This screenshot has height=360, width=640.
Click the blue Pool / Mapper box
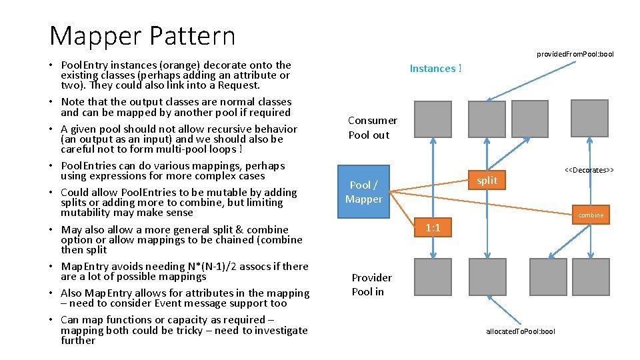click(363, 192)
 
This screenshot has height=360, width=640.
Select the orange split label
click(487, 181)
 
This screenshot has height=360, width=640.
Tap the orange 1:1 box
click(433, 228)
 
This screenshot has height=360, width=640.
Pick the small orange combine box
click(590, 215)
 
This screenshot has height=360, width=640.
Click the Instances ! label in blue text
click(435, 68)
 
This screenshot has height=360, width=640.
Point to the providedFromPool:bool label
click(575, 54)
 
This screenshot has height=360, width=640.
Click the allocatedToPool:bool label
click(520, 331)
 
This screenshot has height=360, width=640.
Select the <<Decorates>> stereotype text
click(589, 170)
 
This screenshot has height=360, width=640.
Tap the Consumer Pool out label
click(372, 127)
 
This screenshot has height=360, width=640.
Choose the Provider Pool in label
click(371, 285)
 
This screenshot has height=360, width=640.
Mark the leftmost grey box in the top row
click(433, 119)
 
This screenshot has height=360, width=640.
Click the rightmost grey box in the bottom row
click(590, 277)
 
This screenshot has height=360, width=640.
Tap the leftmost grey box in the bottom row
click(433, 277)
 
